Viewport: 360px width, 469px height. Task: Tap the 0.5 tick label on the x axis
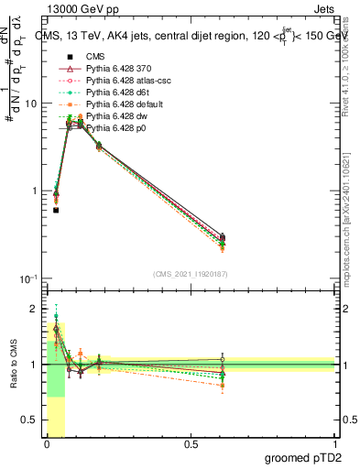(191, 444)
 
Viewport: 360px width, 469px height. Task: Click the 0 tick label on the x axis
(47, 444)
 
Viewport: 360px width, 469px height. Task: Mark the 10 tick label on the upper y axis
(31, 104)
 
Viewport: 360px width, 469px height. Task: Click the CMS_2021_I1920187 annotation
(190, 274)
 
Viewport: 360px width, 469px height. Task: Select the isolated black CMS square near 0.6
(56, 210)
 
